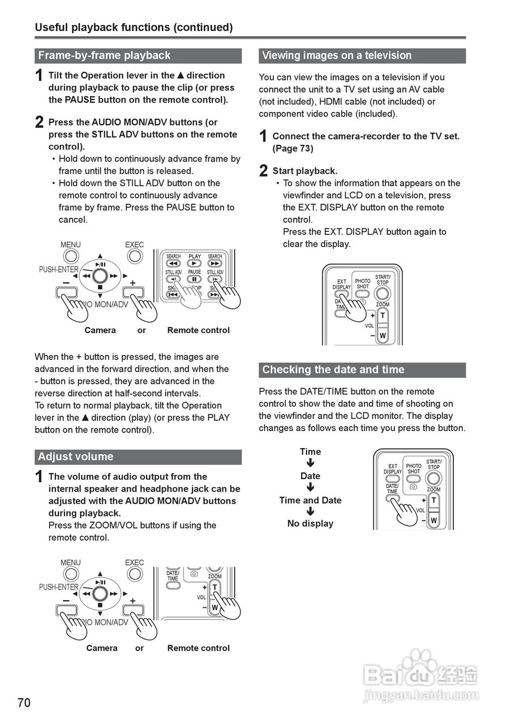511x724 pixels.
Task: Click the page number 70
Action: click(24, 703)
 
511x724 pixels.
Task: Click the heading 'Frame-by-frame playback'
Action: click(104, 55)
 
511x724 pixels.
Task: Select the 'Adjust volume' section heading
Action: click(76, 456)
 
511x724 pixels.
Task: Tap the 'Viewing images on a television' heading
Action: click(337, 55)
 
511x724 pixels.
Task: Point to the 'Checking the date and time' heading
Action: click(333, 369)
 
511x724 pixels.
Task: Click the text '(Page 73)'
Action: click(293, 148)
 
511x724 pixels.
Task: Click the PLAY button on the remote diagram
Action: click(195, 263)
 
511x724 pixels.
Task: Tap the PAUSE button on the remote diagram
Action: click(195, 279)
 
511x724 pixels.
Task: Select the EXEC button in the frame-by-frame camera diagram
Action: click(135, 256)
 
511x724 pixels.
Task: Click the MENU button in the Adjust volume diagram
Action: click(71, 574)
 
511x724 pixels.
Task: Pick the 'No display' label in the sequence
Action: click(310, 523)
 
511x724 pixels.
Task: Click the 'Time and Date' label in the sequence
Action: click(310, 500)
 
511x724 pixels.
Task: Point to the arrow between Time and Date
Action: click(310, 464)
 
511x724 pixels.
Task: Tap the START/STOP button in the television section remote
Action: click(383, 293)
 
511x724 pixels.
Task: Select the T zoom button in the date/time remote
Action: click(434, 501)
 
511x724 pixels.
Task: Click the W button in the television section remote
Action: click(383, 335)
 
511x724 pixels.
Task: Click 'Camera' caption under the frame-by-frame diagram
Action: click(100, 330)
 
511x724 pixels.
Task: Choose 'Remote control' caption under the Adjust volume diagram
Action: click(198, 648)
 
